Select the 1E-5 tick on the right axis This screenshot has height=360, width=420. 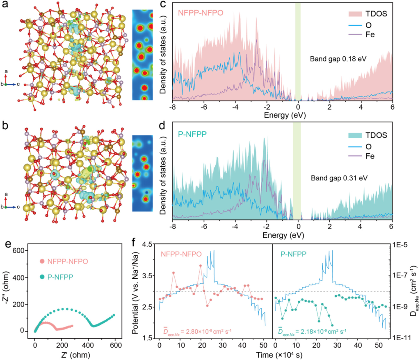click(x=400, y=244)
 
